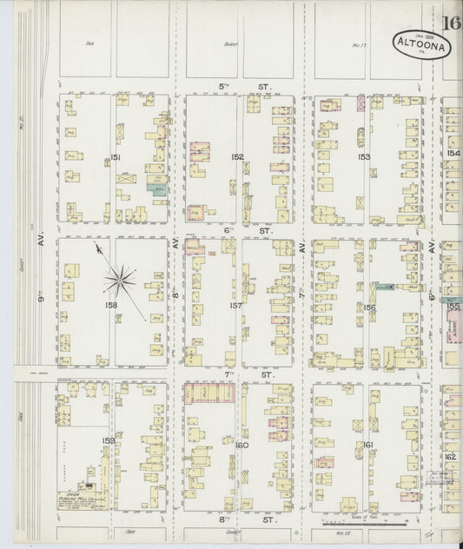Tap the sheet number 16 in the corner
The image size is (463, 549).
coord(450,23)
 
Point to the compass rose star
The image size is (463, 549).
coord(120,279)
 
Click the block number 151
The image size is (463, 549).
coord(115,157)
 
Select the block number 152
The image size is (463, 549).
coord(237,157)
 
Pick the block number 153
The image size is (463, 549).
coord(363,157)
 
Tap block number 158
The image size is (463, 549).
coord(111,306)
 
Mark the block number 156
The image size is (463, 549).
coord(368,307)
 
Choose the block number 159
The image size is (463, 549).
coord(108,440)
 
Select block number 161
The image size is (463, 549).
coord(368,445)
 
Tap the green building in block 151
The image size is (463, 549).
coord(157,187)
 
